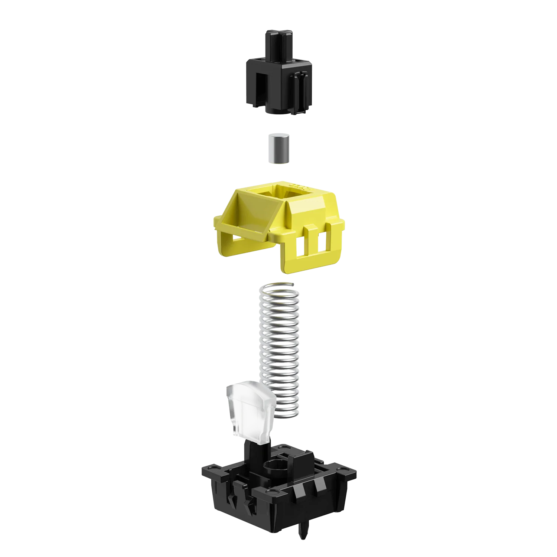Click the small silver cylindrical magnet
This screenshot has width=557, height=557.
[x=278, y=149]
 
